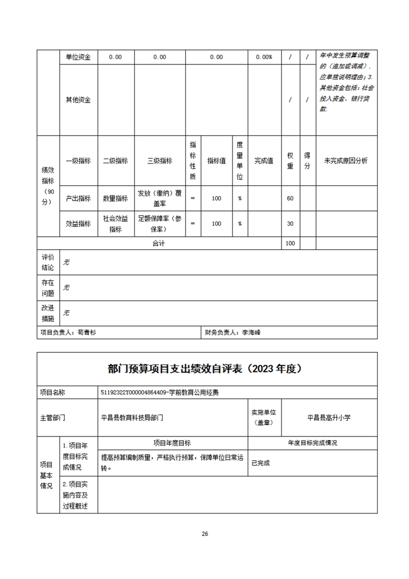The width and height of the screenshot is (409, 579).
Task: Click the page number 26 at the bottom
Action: (x=205, y=534)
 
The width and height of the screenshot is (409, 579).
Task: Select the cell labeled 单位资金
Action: (x=78, y=57)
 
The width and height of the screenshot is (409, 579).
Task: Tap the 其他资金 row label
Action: (x=78, y=100)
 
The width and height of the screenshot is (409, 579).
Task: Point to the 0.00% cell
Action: (x=264, y=57)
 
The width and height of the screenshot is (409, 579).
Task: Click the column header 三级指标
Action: (x=159, y=161)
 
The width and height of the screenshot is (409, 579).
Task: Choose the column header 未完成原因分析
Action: (x=346, y=161)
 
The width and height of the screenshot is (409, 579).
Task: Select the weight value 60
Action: (x=290, y=199)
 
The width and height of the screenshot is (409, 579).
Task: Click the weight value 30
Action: (x=290, y=223)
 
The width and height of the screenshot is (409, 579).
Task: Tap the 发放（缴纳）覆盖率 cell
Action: (x=159, y=199)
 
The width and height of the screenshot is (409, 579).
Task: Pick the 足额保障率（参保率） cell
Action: (x=159, y=223)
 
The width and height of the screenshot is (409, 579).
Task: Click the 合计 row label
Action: (x=158, y=243)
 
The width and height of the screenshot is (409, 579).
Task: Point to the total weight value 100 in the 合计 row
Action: (x=290, y=243)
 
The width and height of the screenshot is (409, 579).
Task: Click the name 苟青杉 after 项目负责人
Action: (x=87, y=333)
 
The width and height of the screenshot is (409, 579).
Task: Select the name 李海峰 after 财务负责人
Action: (x=252, y=333)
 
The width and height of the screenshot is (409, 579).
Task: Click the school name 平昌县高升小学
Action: (x=329, y=417)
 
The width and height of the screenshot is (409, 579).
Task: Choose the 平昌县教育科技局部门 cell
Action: (x=132, y=417)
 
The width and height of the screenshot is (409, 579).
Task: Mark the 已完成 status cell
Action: (x=260, y=463)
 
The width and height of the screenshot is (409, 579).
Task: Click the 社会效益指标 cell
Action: (x=116, y=223)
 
